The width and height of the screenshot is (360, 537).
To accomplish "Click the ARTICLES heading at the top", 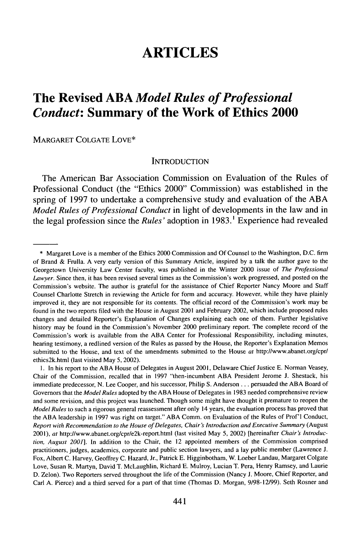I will click(180, 52).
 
